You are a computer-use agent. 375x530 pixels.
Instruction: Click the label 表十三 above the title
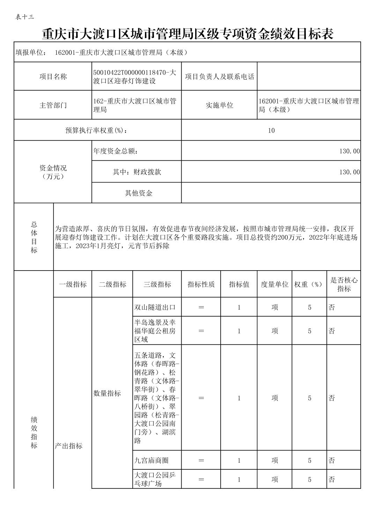click(x=25, y=17)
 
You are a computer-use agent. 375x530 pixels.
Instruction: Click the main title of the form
click(x=187, y=34)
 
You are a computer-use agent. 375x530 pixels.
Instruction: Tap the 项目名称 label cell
click(x=53, y=76)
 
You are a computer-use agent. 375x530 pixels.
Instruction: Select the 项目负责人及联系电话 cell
click(x=219, y=76)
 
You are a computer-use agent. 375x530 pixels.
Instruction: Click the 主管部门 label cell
click(x=53, y=105)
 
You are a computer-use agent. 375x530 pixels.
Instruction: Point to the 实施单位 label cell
click(x=219, y=105)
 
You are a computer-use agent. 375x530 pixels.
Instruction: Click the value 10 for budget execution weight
click(x=271, y=130)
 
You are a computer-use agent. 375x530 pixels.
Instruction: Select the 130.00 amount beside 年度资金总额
click(x=349, y=151)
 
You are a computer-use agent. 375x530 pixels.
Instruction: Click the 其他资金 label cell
click(x=139, y=193)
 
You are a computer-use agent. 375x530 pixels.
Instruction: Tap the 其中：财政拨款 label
click(x=137, y=172)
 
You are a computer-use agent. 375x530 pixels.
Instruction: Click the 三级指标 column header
click(x=157, y=284)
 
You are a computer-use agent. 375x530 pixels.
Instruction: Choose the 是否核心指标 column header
click(x=344, y=284)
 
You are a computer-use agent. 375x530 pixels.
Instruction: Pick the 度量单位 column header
click(x=274, y=284)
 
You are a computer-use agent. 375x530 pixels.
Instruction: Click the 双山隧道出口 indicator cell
click(x=155, y=307)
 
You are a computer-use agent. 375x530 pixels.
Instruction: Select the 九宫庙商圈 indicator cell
click(x=152, y=460)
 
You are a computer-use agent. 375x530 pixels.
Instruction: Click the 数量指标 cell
click(x=107, y=393)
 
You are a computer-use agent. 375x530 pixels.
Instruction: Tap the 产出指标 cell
click(x=69, y=446)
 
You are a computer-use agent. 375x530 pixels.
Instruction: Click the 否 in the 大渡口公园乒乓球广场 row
click(x=332, y=479)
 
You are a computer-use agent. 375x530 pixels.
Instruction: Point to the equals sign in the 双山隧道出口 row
click(x=201, y=307)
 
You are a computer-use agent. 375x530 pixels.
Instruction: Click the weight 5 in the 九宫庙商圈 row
click(x=309, y=460)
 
